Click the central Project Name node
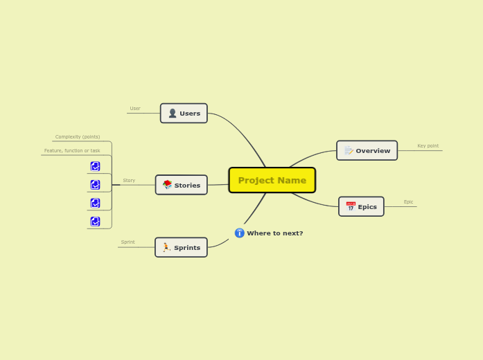[x=272, y=180]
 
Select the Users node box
[x=184, y=114]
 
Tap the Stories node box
[x=182, y=185]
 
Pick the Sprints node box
[x=181, y=247]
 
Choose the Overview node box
[x=367, y=150]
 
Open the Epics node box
[x=361, y=206]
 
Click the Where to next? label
[x=274, y=233]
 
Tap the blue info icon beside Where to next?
[x=240, y=233]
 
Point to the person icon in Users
[x=173, y=114]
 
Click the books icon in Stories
[x=167, y=185]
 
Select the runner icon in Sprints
[x=166, y=247]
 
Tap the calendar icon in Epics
[x=351, y=206]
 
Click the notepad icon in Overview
[x=349, y=150]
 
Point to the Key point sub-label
[x=428, y=146]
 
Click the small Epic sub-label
[x=408, y=202]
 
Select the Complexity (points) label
[x=78, y=137]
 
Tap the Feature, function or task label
[x=72, y=151]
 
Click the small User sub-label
[x=135, y=109]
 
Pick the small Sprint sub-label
[x=128, y=242]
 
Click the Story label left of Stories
[x=129, y=181]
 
